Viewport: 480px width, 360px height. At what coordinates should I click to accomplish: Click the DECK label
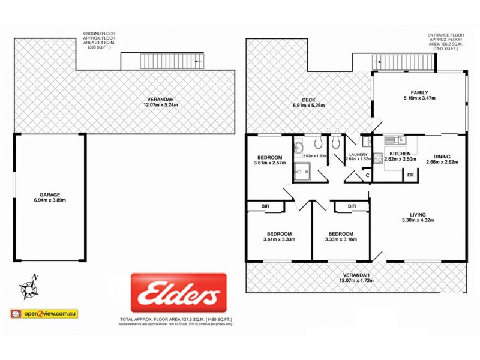click(309, 100)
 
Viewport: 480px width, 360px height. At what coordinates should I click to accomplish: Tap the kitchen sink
click(393, 141)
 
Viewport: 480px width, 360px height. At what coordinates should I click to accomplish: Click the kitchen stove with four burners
click(379, 160)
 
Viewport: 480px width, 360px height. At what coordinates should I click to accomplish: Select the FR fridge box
click(411, 175)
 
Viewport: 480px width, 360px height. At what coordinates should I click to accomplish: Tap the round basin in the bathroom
click(316, 145)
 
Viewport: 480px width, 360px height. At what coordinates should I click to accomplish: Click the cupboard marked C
click(366, 175)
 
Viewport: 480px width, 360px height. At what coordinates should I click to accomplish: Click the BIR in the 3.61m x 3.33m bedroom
click(265, 206)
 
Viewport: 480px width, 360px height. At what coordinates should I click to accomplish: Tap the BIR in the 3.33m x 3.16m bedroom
click(352, 206)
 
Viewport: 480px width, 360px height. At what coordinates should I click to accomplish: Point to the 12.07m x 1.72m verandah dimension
click(356, 280)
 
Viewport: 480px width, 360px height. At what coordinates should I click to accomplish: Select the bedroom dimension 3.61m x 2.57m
click(269, 163)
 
